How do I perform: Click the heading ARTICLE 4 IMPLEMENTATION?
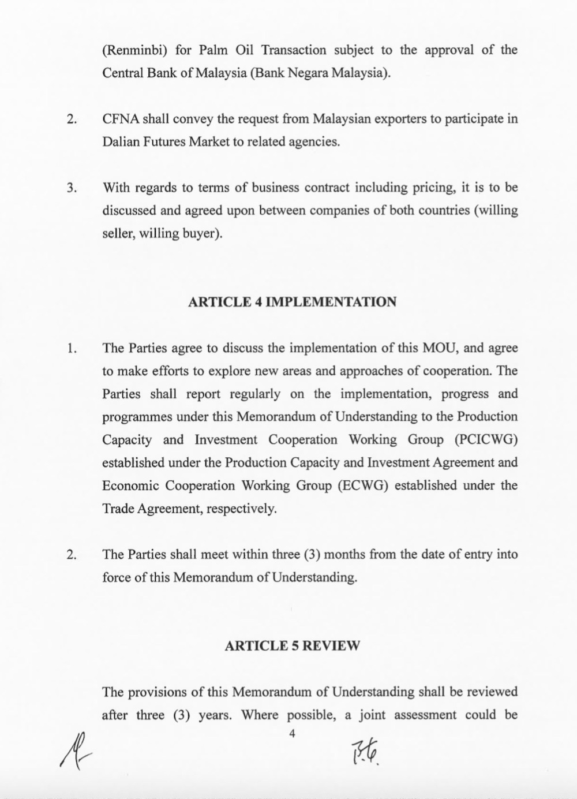click(292, 302)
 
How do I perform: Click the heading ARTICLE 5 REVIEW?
click(292, 645)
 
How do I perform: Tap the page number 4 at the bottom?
click(292, 733)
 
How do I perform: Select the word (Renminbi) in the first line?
click(134, 50)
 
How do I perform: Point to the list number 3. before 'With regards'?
click(72, 188)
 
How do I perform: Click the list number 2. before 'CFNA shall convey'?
click(72, 120)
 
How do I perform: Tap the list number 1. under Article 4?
click(72, 349)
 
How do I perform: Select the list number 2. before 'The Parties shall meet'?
click(72, 555)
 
